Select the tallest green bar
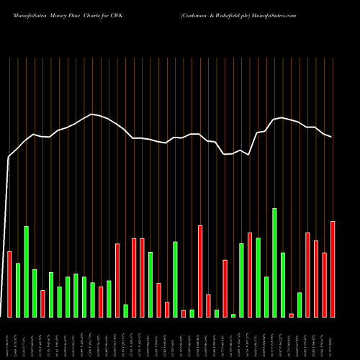pyautogui.click(x=274, y=262)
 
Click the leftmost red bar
pyautogui.click(x=9, y=284)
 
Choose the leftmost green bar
pyautogui.click(x=18, y=290)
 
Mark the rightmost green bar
pyautogui.click(x=300, y=305)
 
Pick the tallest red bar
pyautogui.click(x=200, y=271)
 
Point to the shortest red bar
pyautogui.click(x=291, y=315)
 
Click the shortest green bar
pyautogui.click(x=233, y=315)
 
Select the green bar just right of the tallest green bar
pyautogui.click(x=283, y=284)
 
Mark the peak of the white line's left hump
pyautogui.click(x=92, y=114)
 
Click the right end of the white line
pyautogui.click(x=332, y=137)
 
